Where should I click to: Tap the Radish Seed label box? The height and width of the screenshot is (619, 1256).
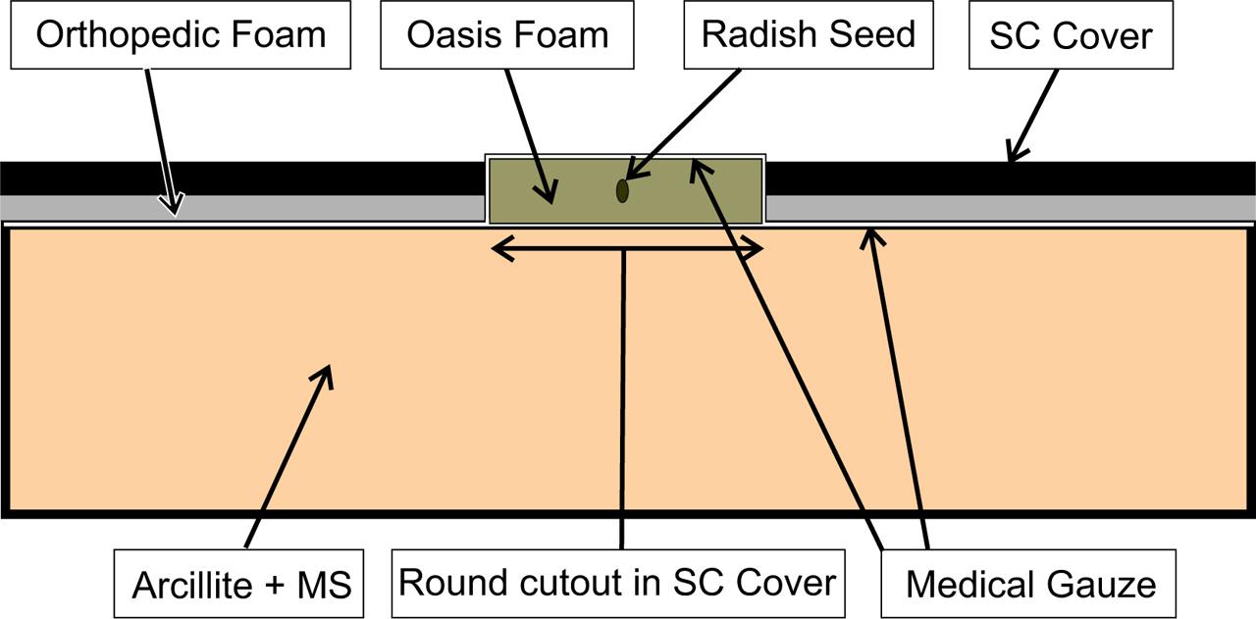point(808,35)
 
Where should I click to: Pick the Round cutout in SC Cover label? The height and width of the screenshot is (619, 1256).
point(617,583)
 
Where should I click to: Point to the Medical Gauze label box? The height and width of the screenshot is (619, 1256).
point(1029,584)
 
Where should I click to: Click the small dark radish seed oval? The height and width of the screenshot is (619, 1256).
point(622,190)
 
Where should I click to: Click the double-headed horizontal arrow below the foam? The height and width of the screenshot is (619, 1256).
point(569,250)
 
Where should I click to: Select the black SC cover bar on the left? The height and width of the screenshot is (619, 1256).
point(235,178)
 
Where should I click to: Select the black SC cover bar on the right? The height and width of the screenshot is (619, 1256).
point(1079,178)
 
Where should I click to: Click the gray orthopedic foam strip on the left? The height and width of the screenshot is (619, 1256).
point(294,207)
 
